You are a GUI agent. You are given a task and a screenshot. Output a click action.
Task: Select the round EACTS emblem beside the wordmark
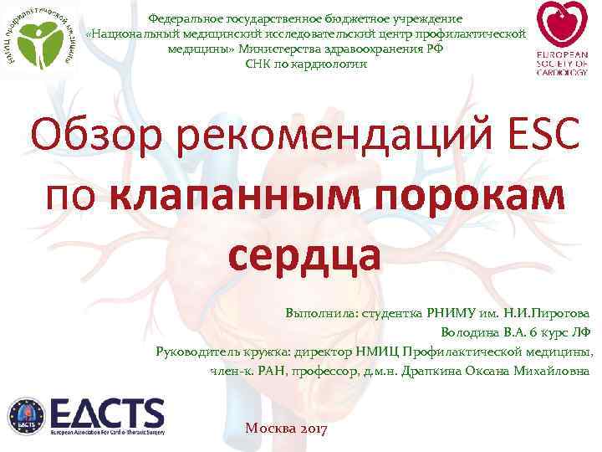pos(27,416)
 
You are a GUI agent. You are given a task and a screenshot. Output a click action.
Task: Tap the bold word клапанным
pos(222,195)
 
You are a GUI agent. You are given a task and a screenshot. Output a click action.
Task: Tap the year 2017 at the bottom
pos(314,429)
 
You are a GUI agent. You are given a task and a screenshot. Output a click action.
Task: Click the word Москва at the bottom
pos(268,429)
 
